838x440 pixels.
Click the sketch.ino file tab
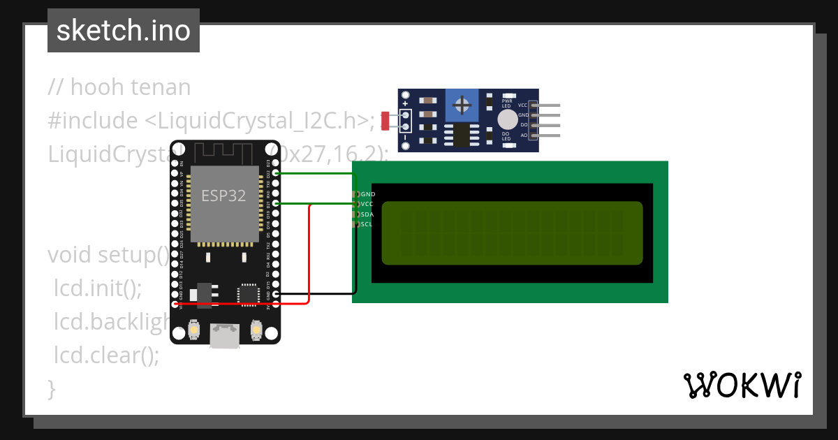pyautogui.click(x=124, y=31)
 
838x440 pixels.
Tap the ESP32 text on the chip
pyautogui.click(x=223, y=196)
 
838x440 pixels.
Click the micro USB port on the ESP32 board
pyautogui.click(x=225, y=336)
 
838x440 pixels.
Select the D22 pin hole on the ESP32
pyautogui.click(x=277, y=173)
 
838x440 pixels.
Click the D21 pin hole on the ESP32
pyautogui.click(x=277, y=203)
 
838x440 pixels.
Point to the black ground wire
pyautogui.click(x=328, y=294)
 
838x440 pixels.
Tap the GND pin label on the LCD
pyautogui.click(x=367, y=194)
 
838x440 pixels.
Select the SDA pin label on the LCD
pyautogui.click(x=367, y=214)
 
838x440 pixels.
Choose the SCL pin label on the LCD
pyautogui.click(x=367, y=224)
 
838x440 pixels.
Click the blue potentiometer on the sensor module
pyautogui.click(x=461, y=105)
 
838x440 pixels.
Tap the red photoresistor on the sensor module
pyautogui.click(x=385, y=120)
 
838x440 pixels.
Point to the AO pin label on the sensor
pyautogui.click(x=524, y=135)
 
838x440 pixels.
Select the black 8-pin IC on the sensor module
pyautogui.click(x=460, y=134)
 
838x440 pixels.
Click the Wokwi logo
pyautogui.click(x=742, y=385)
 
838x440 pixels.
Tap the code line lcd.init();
pyautogui.click(x=98, y=288)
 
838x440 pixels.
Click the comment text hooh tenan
pyautogui.click(x=119, y=87)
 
